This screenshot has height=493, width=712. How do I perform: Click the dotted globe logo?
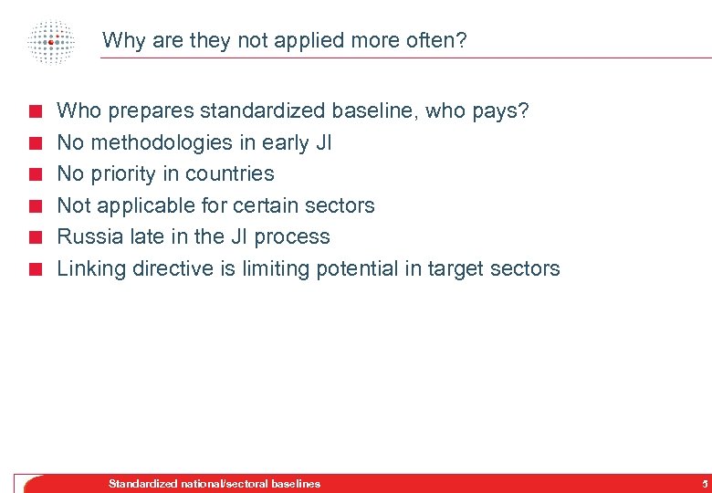[x=51, y=41]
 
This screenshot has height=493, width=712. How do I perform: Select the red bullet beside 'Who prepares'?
[x=35, y=113]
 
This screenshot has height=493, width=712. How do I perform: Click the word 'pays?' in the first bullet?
[x=500, y=111]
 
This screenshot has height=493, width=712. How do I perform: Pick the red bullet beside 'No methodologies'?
[x=35, y=144]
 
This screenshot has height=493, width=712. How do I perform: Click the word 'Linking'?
[x=91, y=268]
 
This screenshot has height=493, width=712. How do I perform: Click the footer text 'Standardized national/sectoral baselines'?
[x=215, y=484]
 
